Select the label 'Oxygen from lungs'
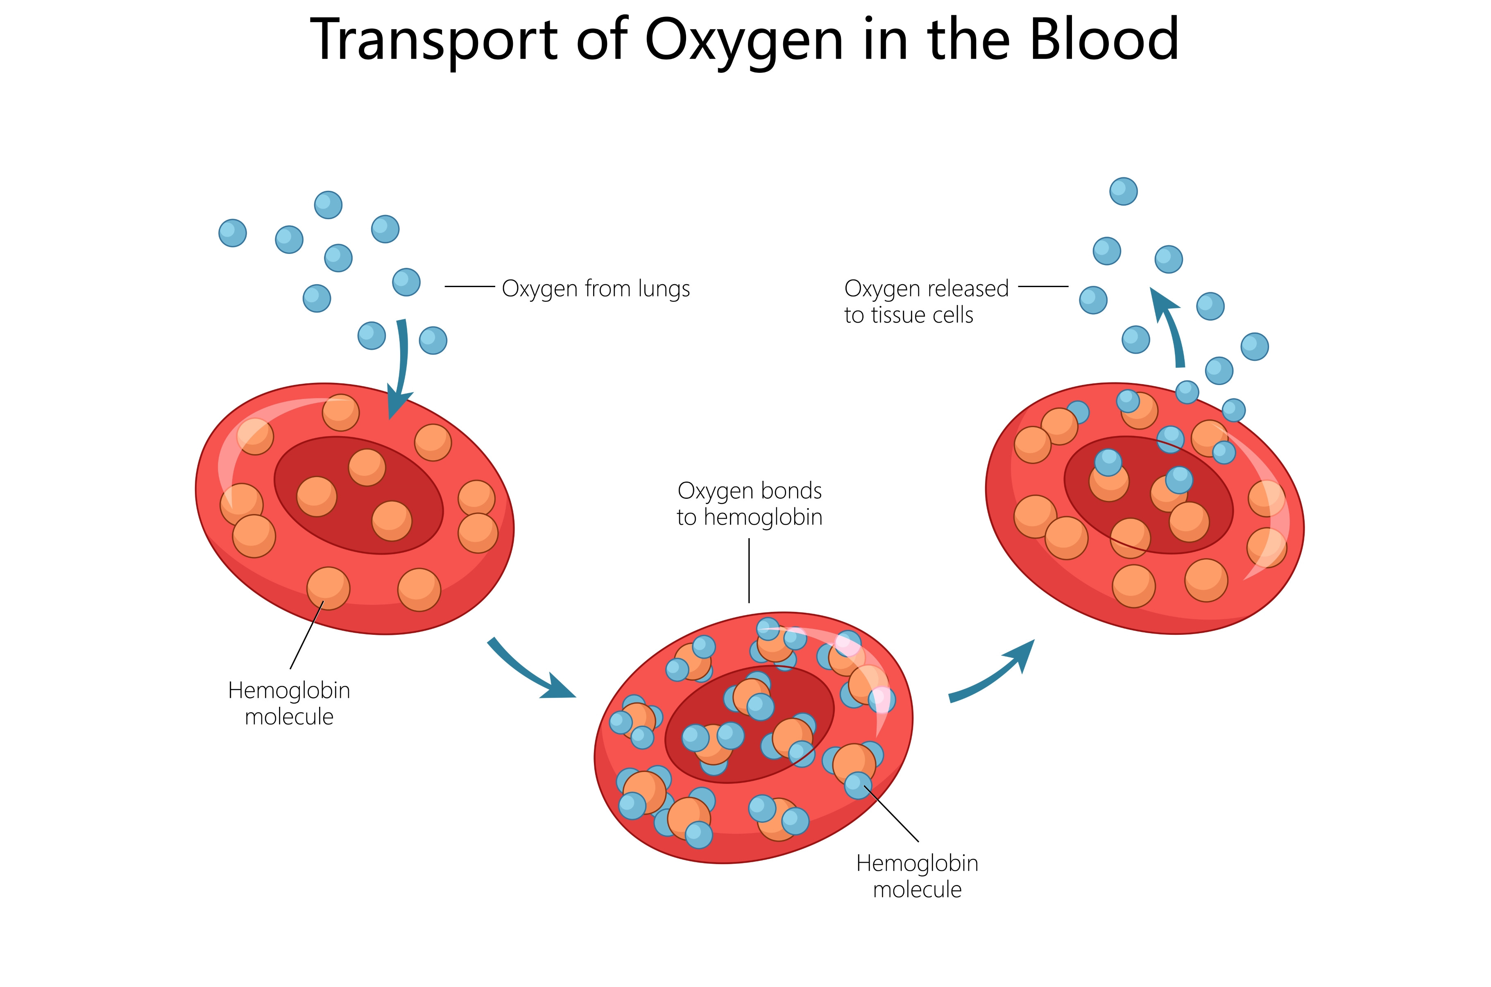596,289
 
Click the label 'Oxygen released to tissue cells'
927,301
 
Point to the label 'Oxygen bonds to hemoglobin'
750,504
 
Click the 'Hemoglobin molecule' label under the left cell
289,703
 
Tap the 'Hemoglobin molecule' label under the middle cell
917,876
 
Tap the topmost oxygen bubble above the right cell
1124,191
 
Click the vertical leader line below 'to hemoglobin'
749,570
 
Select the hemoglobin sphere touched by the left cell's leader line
328,588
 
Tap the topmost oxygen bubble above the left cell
328,205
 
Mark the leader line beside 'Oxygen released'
1043,286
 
